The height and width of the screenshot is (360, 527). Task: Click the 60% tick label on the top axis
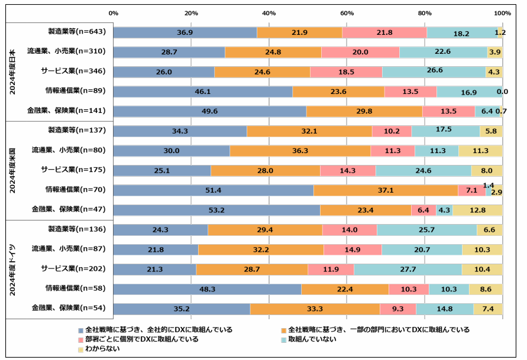tap(347, 13)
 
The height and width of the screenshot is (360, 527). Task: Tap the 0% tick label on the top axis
tap(114, 13)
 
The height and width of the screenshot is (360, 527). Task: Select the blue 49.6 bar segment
tap(210, 111)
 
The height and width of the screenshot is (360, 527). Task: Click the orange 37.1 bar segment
tap(386, 190)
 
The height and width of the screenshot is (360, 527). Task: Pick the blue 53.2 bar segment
tap(216, 210)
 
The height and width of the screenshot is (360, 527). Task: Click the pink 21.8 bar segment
tap(384, 33)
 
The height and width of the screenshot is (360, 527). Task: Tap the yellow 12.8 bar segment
tap(477, 210)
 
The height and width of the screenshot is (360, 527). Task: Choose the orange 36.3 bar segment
tap(300, 151)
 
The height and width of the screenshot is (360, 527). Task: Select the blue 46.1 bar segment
tap(203, 92)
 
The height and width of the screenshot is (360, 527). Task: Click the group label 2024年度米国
tap(12, 170)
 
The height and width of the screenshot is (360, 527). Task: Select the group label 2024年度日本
tap(12, 72)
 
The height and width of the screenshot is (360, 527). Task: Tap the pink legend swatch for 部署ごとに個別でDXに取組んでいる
tap(81, 340)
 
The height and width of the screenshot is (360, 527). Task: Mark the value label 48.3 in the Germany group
tap(207, 289)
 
